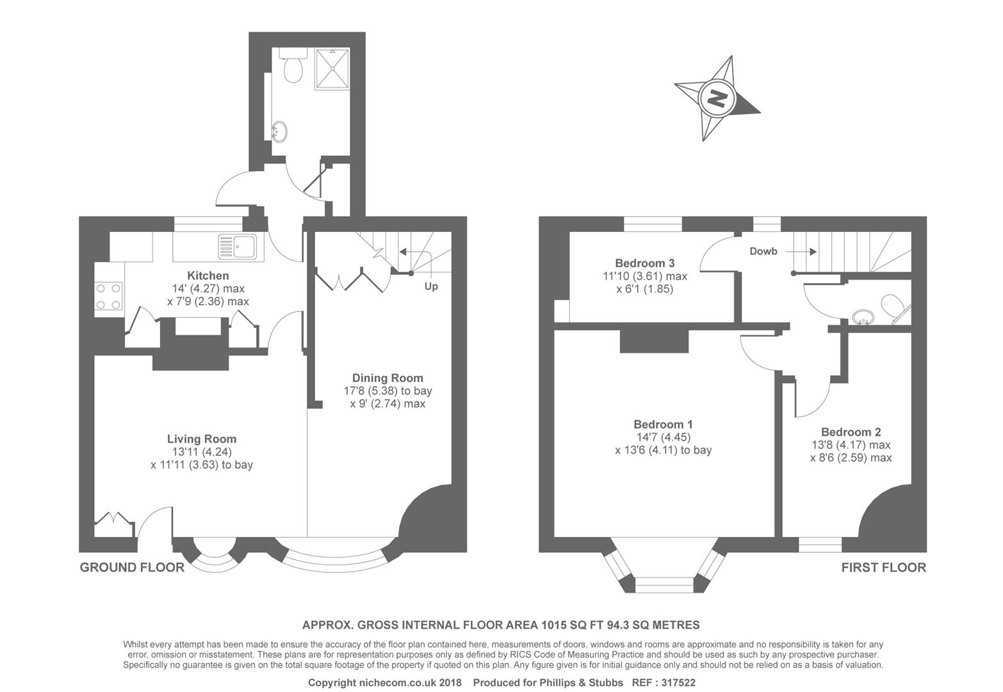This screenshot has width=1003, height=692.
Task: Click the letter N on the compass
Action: tap(717, 99)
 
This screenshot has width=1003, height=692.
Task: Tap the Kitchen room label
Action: tap(208, 276)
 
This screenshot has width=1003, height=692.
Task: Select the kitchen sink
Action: tap(238, 245)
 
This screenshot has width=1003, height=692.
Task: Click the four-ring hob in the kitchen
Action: tap(109, 296)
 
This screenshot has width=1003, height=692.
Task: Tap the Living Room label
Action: tap(202, 439)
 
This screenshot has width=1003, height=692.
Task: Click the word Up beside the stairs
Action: tap(431, 286)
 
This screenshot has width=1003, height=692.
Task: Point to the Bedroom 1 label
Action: tap(663, 424)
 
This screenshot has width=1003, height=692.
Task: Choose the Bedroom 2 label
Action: tap(851, 432)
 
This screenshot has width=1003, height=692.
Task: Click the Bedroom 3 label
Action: tap(644, 263)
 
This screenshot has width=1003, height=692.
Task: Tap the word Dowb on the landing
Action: tap(763, 251)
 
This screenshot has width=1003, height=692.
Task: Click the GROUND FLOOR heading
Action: tap(132, 567)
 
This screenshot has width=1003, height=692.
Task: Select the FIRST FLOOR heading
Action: tap(883, 567)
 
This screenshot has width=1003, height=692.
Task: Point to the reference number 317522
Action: tap(678, 683)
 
